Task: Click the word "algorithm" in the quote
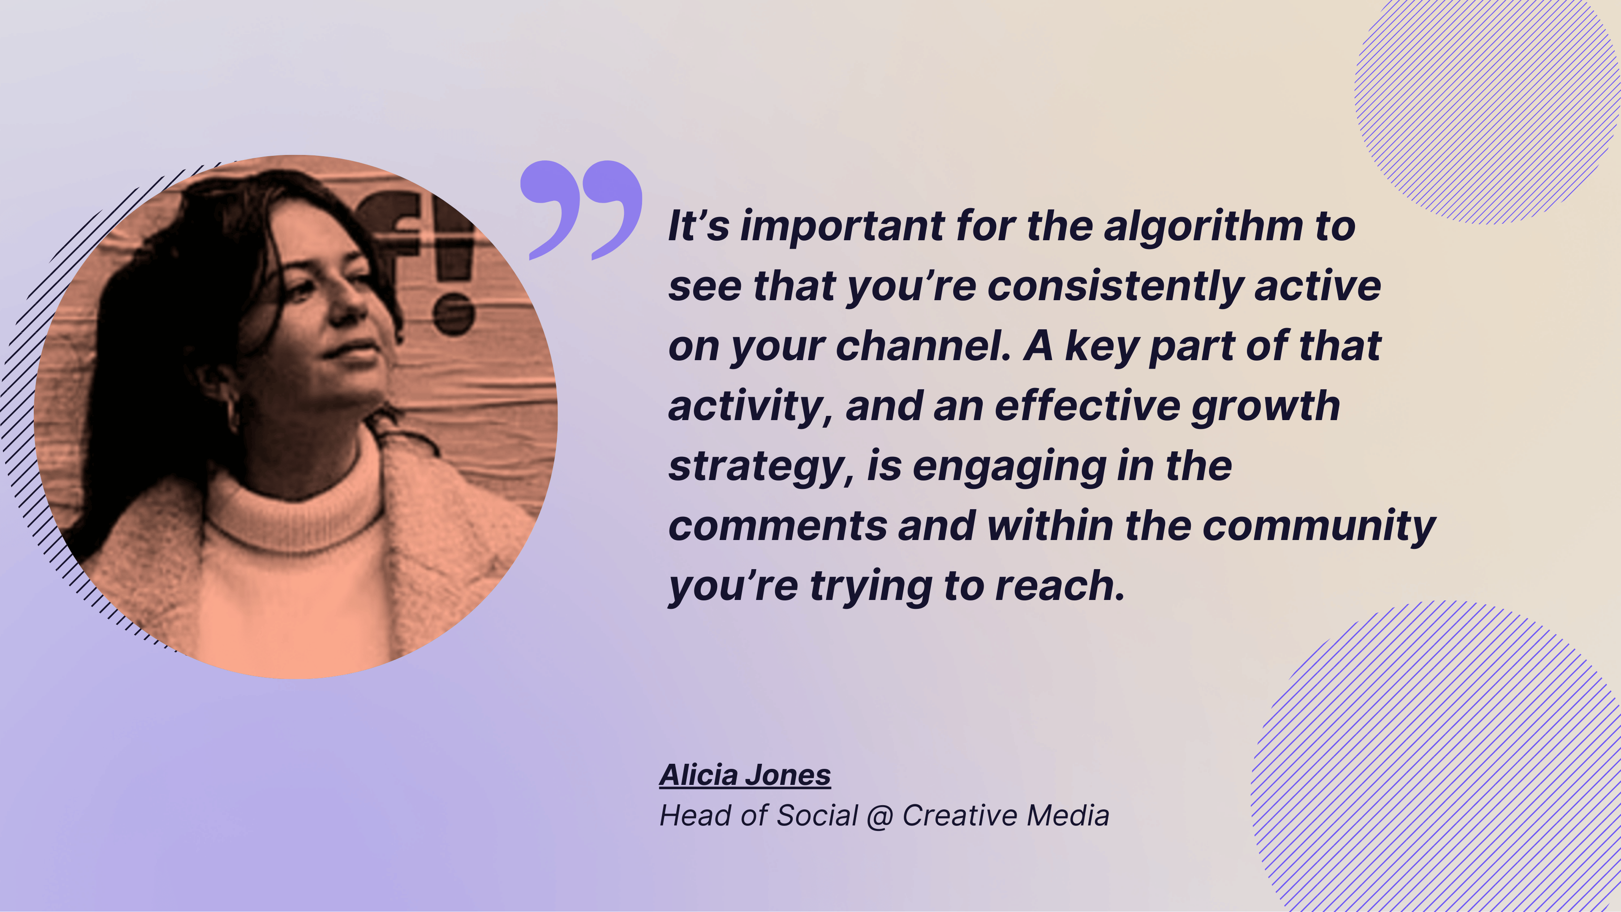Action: tap(1203, 227)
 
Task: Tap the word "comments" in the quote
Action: tap(778, 526)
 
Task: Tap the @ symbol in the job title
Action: tap(880, 816)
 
